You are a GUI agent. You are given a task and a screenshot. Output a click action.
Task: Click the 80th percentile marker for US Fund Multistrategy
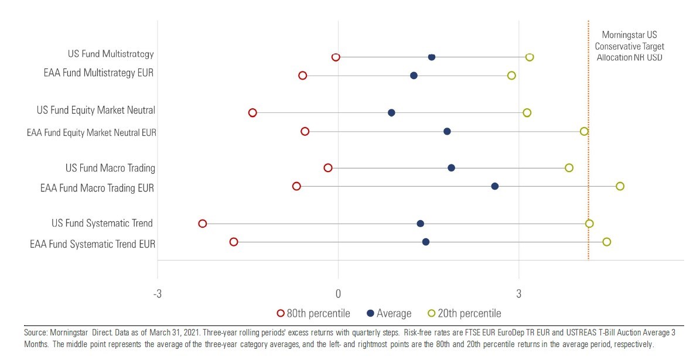tap(336, 57)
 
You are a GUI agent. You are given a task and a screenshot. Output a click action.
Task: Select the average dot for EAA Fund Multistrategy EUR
tap(414, 76)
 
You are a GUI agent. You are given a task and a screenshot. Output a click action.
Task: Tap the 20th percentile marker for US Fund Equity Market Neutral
tap(527, 112)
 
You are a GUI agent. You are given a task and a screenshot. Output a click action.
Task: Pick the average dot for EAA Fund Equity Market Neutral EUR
tap(447, 131)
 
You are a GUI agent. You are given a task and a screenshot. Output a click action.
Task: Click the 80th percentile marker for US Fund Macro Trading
tap(328, 168)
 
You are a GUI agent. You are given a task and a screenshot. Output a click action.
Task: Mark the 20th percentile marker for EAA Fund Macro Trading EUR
tap(620, 186)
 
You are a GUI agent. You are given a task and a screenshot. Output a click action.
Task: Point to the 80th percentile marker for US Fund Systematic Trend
tap(203, 224)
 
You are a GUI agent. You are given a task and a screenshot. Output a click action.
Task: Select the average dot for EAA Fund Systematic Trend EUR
tap(426, 242)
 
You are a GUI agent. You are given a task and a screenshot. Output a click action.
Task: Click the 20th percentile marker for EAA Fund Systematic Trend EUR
tap(606, 242)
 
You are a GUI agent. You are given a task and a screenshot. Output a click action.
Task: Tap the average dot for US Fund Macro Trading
tap(451, 168)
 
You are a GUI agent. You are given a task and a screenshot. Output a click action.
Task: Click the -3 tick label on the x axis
tap(157, 293)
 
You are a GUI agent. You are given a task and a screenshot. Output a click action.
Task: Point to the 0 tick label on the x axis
tap(338, 293)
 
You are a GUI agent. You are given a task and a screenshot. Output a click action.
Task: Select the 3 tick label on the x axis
tap(518, 293)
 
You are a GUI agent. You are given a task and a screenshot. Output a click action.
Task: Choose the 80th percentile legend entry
tap(313, 313)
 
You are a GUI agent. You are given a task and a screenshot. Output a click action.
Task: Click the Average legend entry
tap(389, 313)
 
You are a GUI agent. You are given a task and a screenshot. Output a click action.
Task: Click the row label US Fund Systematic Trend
tap(102, 223)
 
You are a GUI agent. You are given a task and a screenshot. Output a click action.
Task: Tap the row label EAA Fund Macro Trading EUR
tap(97, 188)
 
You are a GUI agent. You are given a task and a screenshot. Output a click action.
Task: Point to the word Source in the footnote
tap(35, 332)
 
